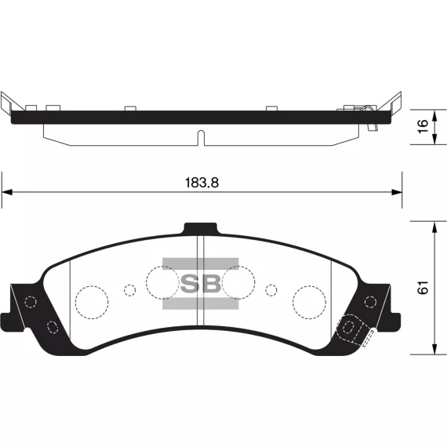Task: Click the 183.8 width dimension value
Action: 202,183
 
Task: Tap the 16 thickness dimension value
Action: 423,126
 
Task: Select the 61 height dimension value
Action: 423,287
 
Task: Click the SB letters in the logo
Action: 201,283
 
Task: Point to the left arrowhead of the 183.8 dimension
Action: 7,192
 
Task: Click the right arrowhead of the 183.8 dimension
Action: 397,192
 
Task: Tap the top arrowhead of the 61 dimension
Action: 434,227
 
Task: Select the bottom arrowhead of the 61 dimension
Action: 434,349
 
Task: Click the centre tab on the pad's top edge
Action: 201,229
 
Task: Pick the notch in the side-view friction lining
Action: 201,138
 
